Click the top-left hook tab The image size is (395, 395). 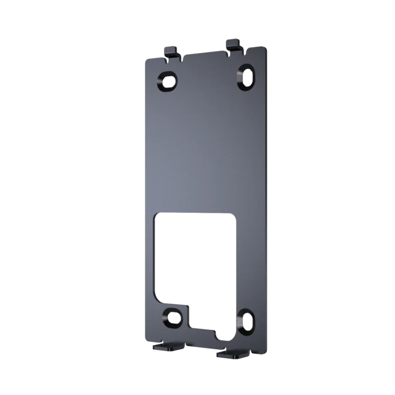click(x=172, y=51)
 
